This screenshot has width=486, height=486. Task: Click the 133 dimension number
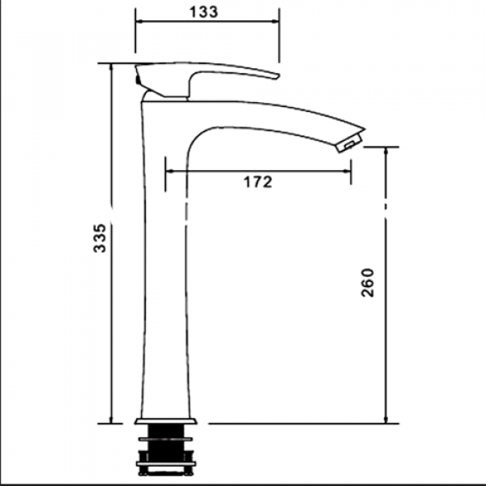pos(203,12)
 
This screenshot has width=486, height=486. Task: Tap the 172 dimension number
pos(258,182)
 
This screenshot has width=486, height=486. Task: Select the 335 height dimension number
pos(100,238)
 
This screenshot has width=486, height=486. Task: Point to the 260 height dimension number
pos(368,283)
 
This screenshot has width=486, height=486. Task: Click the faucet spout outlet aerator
pos(350,143)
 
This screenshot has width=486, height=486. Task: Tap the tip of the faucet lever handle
pos(278,76)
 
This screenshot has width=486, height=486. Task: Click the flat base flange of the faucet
pos(166,421)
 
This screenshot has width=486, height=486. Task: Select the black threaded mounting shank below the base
pos(166,450)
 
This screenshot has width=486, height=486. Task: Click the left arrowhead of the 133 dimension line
pos(139,21)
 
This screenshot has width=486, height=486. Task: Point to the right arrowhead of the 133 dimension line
pos(275,21)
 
